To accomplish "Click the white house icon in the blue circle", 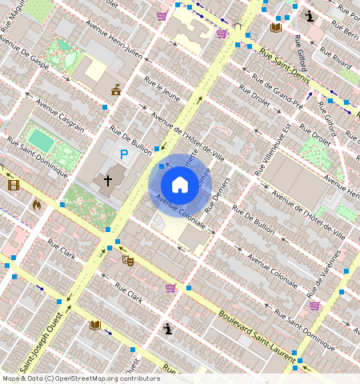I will [x=179, y=185].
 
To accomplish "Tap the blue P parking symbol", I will [x=124, y=154].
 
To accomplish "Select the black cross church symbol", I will [x=107, y=181].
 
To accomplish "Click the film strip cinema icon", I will [x=14, y=185].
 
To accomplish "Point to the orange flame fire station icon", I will [x=36, y=205].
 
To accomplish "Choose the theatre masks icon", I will [x=128, y=260].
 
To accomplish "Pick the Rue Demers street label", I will [x=217, y=194].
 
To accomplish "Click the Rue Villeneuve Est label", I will [x=273, y=150].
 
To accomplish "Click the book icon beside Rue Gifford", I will [x=276, y=27].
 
